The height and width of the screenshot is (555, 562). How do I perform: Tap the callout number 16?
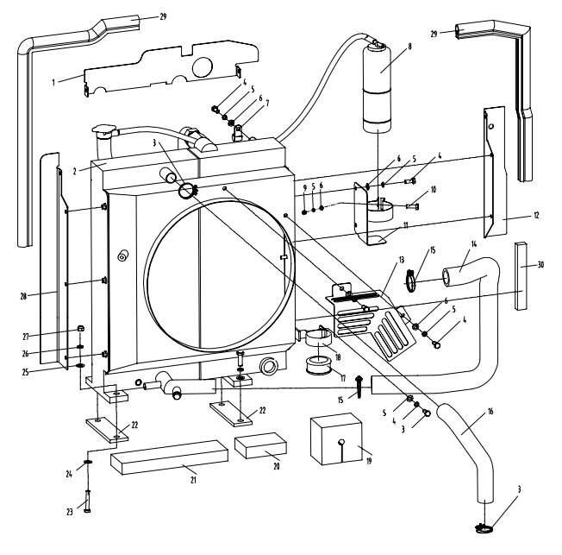point(490,410)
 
